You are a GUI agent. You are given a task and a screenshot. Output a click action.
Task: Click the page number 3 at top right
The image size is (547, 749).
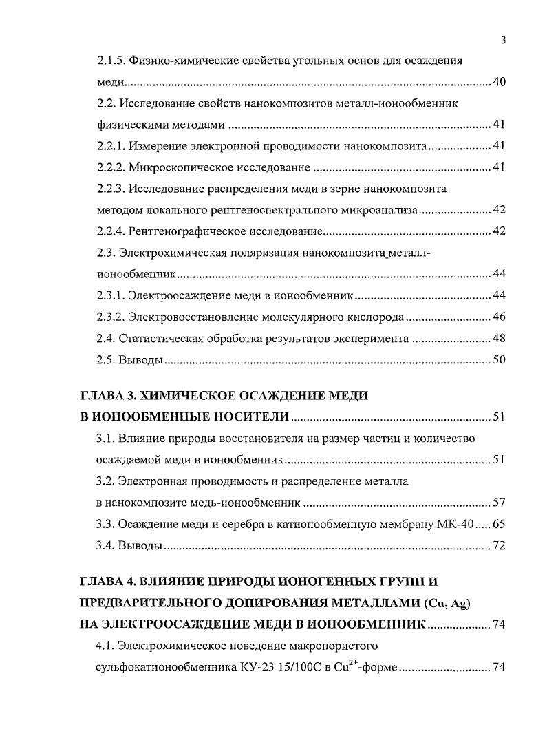pos(504,40)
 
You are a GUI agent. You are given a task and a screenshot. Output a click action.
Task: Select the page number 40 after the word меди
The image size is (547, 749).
pos(500,83)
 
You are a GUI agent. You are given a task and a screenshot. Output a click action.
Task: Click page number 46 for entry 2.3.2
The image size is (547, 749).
pos(500,317)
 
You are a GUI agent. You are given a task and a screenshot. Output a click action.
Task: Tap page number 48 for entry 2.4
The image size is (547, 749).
pos(500,338)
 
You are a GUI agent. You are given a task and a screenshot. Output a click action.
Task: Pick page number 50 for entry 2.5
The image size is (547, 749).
pos(500,360)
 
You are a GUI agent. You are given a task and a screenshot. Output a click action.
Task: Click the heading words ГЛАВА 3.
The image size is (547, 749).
pos(107,396)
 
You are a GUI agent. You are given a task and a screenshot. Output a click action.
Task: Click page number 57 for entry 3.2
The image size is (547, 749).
pos(500,503)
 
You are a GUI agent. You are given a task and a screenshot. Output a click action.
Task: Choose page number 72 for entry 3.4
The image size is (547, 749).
pos(500,546)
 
